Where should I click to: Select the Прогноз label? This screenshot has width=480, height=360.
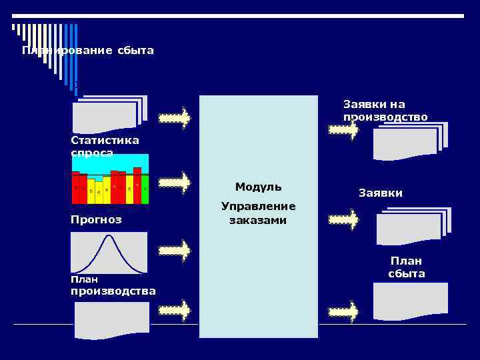point(96,219)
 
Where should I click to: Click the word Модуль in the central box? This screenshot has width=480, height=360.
point(258,187)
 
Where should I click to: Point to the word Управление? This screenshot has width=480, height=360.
point(258,207)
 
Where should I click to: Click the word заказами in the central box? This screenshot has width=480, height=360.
point(258,220)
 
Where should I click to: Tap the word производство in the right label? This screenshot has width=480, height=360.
point(385,117)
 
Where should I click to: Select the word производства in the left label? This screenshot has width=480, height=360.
point(113,291)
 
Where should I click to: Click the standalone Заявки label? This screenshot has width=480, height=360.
point(380,193)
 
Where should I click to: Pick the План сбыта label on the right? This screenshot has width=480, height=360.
point(406,267)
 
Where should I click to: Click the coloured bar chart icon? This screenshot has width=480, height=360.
point(110,179)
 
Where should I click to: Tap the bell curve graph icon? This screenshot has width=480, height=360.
point(109,253)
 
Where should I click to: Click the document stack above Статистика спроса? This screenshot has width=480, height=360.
point(109,114)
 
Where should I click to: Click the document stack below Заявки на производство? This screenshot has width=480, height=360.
point(409,141)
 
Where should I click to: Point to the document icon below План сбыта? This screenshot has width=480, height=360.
point(410,301)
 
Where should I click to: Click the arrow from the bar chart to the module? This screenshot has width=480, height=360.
point(175,183)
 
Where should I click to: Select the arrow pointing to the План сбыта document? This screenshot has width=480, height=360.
point(343,311)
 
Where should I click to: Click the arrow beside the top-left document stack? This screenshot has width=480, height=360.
point(175,119)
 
